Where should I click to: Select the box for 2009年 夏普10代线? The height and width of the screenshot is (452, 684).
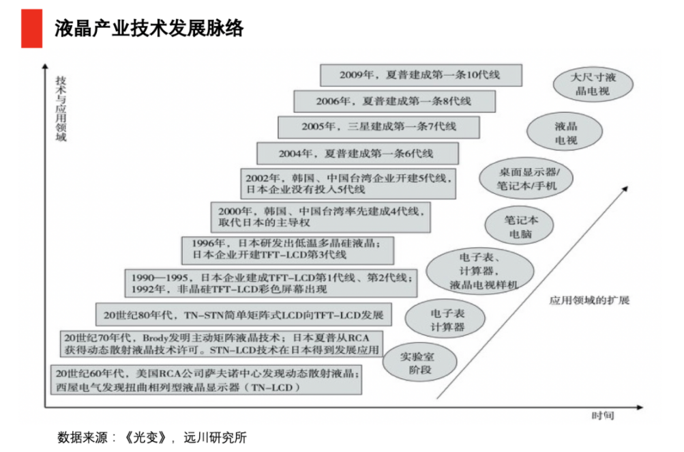420,74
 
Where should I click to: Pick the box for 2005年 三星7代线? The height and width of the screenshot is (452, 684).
378,127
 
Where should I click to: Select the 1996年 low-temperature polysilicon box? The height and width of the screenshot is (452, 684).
288,249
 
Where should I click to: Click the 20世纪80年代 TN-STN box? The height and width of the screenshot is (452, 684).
243,315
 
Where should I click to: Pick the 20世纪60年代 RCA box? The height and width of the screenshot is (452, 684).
205,380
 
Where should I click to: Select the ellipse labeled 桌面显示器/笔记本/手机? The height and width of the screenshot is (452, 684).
526,180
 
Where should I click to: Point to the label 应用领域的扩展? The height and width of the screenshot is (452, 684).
589,300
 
